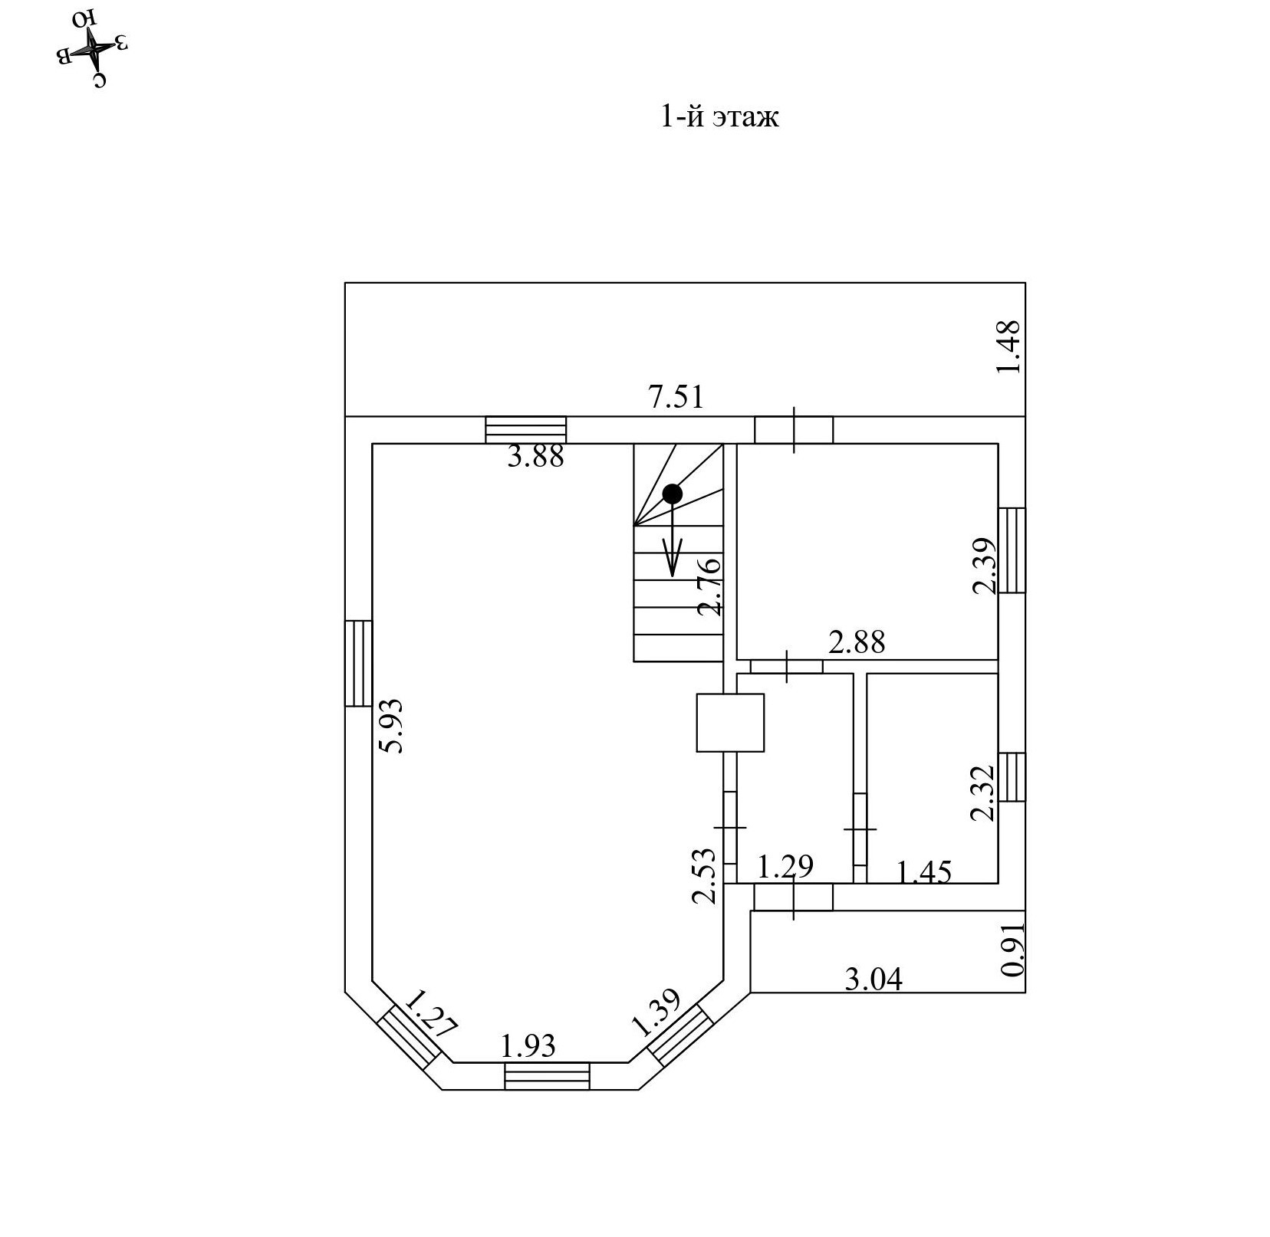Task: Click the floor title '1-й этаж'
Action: (x=719, y=116)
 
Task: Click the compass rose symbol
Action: (x=91, y=48)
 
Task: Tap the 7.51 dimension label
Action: (x=675, y=397)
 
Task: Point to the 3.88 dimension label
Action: (x=536, y=457)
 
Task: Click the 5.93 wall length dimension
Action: (x=393, y=726)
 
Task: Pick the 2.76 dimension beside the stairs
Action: (x=709, y=587)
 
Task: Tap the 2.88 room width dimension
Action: (x=857, y=642)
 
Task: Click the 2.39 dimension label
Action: (x=984, y=566)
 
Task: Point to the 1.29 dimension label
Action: (x=785, y=867)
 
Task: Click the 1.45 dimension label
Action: (x=924, y=872)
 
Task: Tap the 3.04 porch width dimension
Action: (x=874, y=979)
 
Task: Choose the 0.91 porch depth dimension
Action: (x=1012, y=949)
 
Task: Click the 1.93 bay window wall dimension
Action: (x=528, y=1045)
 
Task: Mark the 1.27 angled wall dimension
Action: (x=430, y=1013)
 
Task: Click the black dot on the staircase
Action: (x=673, y=494)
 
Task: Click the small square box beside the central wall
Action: (x=730, y=723)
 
